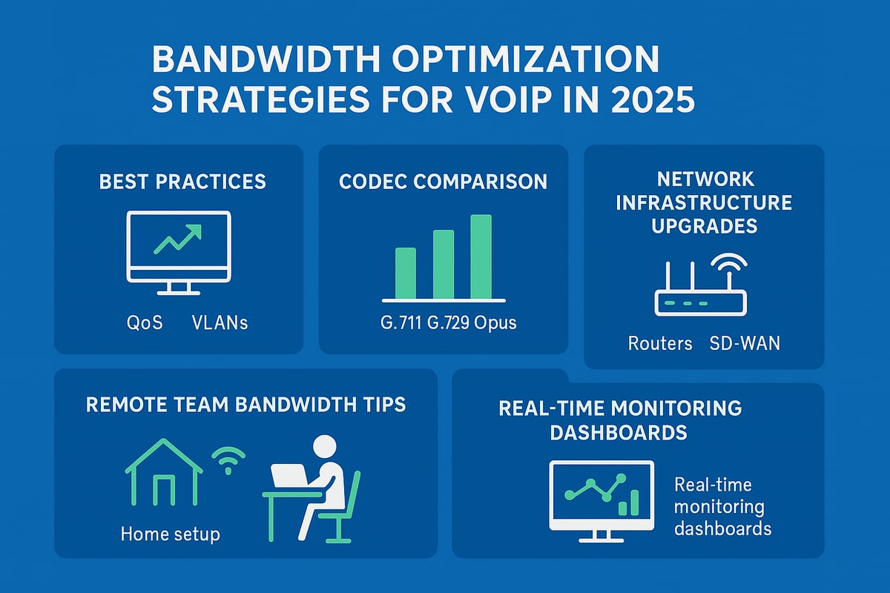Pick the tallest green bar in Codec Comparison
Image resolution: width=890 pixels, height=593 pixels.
coord(481,256)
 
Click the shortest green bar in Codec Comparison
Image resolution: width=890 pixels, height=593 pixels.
coord(406,272)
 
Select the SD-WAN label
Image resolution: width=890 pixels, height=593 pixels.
coord(745,343)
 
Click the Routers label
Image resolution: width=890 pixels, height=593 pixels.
coord(659,343)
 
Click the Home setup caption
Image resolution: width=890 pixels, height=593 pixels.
coord(170,534)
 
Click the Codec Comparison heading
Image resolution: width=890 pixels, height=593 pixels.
coord(443,181)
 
